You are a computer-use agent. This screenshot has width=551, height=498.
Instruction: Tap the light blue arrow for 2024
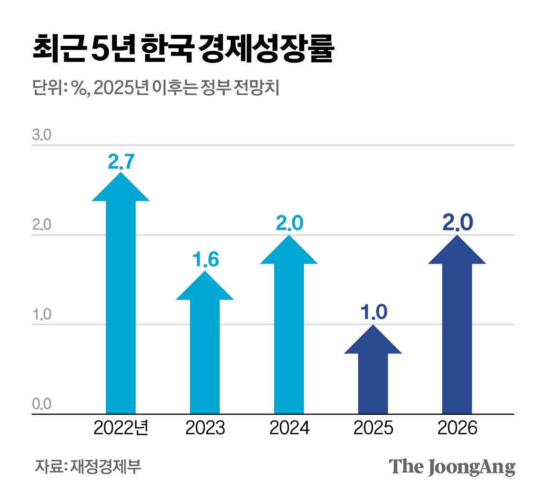point(289,328)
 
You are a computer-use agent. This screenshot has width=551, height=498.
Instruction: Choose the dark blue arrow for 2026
point(457,328)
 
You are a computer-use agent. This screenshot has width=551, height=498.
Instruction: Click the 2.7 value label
point(121,162)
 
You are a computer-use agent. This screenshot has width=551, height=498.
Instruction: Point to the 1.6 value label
point(205,260)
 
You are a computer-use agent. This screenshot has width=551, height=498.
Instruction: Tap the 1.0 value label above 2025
point(374,312)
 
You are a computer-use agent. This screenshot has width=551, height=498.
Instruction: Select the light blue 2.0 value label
point(289,223)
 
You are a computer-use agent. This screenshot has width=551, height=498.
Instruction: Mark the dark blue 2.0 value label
point(458,223)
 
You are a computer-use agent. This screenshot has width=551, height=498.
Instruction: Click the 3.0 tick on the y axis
point(41,135)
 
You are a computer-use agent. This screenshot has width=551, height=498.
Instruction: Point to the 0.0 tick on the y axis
point(41,404)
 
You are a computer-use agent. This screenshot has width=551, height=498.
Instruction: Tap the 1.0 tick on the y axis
point(41,315)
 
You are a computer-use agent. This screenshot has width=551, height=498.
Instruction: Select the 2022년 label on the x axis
point(121,428)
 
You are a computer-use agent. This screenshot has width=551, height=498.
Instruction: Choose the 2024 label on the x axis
point(289,428)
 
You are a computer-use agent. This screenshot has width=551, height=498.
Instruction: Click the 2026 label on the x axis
point(457,428)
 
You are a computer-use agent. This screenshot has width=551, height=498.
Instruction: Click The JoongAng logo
point(452,467)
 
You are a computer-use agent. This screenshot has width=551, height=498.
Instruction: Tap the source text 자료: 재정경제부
point(88,467)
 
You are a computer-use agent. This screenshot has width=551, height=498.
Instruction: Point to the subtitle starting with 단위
point(156,88)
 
